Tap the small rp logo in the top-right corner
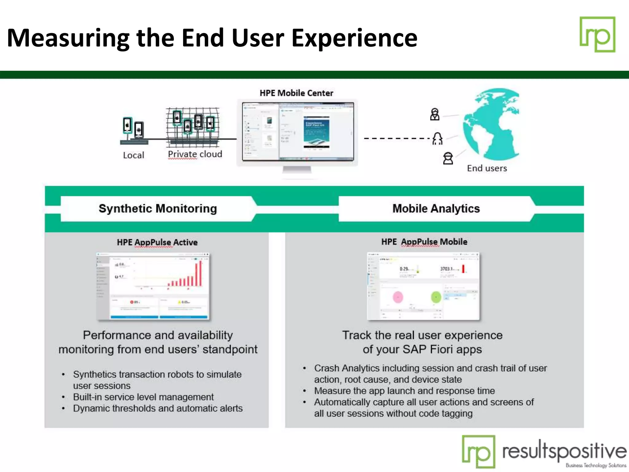[597, 34]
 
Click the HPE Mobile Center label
[296, 93]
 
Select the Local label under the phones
[133, 155]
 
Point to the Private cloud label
[195, 154]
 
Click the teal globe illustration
[491, 124]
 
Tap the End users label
[487, 168]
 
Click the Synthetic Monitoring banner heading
[158, 209]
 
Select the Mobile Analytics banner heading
[436, 209]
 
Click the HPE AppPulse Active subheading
[157, 242]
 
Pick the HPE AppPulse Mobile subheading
[424, 242]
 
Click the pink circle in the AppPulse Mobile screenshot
[398, 297]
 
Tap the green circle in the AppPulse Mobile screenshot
[436, 297]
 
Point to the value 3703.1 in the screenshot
[446, 269]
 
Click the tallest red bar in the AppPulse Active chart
[201, 273]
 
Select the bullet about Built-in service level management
[143, 397]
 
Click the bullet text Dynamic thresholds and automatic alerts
[158, 408]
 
